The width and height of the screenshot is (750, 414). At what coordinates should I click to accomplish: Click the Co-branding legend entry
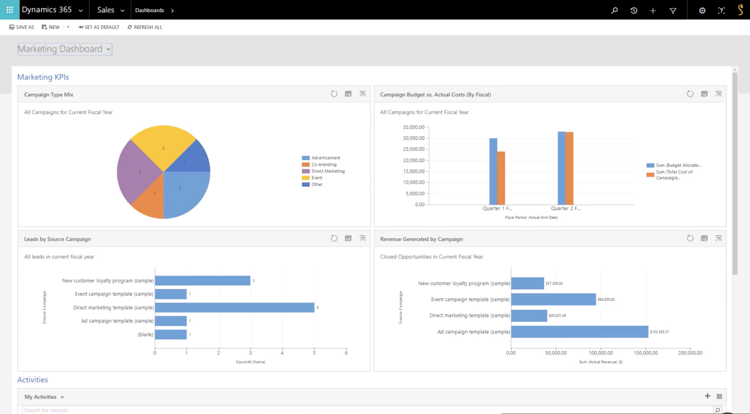[324, 165]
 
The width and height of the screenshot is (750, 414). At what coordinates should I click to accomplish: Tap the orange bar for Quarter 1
[501, 178]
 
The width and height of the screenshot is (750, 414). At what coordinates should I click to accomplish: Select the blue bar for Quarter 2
[562, 168]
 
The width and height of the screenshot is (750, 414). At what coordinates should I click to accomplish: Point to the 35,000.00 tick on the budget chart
[414, 127]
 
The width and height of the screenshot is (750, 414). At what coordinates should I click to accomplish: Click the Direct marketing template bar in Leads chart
[234, 308]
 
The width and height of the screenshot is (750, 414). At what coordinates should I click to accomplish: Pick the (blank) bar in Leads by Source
[171, 334]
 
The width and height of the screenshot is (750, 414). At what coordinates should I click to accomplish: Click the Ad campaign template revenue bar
[580, 332]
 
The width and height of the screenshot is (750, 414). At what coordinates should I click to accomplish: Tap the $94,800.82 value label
[606, 299]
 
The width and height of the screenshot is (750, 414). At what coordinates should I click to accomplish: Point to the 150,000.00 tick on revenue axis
[646, 353]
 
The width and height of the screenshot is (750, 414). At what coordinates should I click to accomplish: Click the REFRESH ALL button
[145, 27]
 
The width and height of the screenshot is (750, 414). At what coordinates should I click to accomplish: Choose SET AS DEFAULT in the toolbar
[99, 27]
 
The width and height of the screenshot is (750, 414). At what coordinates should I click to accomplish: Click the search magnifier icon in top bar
[614, 10]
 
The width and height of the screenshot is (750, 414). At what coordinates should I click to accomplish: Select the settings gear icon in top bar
[702, 10]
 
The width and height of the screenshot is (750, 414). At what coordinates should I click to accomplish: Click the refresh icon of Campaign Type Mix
[334, 94]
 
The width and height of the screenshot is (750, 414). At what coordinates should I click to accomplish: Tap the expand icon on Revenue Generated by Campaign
[718, 238]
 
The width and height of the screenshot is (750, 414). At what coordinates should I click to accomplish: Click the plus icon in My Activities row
[708, 396]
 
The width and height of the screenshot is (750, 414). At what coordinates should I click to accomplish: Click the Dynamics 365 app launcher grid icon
[9, 10]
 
